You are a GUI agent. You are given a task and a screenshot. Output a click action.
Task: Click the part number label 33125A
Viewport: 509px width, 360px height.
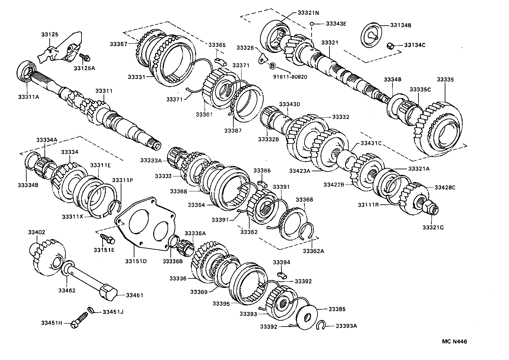point(83,68)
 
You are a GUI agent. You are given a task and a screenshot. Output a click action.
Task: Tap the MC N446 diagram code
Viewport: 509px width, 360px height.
point(454,341)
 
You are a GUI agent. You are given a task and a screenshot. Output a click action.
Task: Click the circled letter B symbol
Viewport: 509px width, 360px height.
point(272,66)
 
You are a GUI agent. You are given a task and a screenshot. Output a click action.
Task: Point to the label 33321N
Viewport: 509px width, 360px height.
point(308,13)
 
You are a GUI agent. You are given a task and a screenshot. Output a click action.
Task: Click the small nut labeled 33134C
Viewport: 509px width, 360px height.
point(391,46)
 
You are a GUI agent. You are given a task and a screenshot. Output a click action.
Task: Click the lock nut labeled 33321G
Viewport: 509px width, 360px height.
point(430,207)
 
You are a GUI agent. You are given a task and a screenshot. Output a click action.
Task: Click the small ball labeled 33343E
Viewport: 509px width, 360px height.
point(311,24)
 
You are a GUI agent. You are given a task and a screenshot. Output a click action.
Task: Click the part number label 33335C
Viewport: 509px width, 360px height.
point(420,89)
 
